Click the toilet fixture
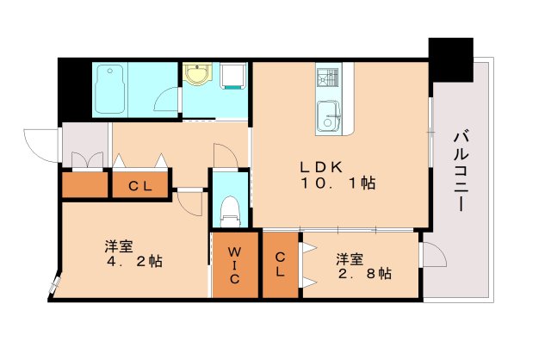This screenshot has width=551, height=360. click(229, 208)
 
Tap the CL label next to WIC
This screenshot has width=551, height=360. click(282, 265)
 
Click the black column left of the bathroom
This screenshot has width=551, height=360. click(75, 90)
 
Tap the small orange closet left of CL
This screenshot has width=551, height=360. click(84, 184)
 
